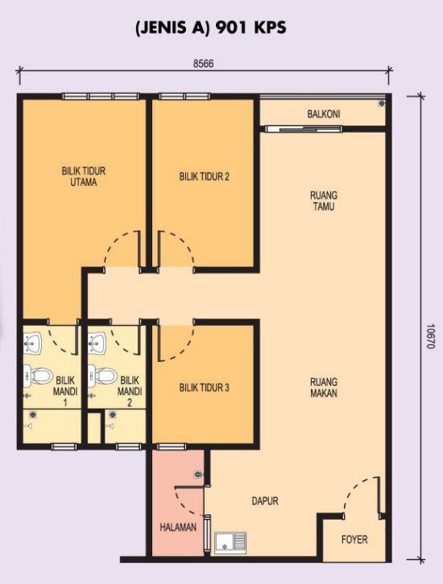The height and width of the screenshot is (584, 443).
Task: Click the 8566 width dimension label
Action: (x=203, y=64)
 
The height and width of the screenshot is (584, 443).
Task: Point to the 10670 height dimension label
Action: (x=431, y=336)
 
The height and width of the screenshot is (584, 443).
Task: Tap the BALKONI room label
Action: (x=324, y=114)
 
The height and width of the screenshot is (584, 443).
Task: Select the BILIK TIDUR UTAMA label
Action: (x=84, y=176)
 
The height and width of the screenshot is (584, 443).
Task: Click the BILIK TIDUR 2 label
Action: (x=204, y=176)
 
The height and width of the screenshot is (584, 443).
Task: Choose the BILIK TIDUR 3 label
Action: (x=204, y=388)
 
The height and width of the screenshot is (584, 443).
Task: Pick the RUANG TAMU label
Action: (x=324, y=201)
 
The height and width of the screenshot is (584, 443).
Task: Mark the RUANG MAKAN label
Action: (x=324, y=388)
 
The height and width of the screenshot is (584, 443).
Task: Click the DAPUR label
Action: (x=265, y=501)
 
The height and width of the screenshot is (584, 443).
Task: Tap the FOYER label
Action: (x=354, y=539)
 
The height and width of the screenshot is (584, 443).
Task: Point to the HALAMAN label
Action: (x=178, y=528)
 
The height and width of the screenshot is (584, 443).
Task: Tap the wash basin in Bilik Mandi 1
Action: (x=33, y=343)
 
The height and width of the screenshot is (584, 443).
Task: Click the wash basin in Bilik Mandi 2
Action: (x=97, y=343)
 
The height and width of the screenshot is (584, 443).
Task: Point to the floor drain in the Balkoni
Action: (x=381, y=103)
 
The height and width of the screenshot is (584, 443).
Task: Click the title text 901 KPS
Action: (x=251, y=28)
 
